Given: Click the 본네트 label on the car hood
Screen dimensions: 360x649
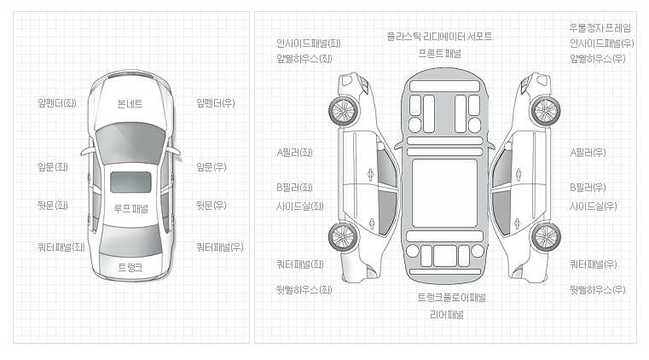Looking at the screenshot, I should (x=130, y=104).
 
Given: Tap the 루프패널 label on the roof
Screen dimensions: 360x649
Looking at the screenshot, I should (x=130, y=208).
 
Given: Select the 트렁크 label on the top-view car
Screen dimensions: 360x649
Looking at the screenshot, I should (x=130, y=268).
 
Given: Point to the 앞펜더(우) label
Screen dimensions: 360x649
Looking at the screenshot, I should (x=216, y=103).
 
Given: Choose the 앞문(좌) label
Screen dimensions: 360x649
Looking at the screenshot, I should (x=53, y=167).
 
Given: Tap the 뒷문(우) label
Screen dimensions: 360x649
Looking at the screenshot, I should (x=212, y=206).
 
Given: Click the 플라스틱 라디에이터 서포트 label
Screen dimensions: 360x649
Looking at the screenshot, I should (x=439, y=37).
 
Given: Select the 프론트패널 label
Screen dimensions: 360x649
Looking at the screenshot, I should (x=439, y=53).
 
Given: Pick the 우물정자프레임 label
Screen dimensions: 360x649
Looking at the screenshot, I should (x=600, y=27).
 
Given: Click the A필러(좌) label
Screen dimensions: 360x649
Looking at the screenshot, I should (x=294, y=153).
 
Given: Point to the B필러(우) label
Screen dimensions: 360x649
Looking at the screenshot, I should (x=588, y=187).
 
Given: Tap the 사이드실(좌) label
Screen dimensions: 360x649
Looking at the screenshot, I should (x=299, y=206).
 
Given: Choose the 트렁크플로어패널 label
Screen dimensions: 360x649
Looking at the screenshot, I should (x=451, y=298).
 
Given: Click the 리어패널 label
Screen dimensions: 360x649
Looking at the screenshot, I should (x=446, y=314).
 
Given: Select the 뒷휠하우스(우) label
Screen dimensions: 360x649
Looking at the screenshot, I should (x=597, y=290).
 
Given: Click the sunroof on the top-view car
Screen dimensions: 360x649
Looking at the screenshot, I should (x=131, y=182).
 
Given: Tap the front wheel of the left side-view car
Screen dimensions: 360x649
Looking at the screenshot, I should (x=345, y=110).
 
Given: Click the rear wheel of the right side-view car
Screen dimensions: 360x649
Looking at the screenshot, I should (x=544, y=236).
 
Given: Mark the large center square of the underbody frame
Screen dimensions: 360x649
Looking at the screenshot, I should (x=444, y=193).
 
